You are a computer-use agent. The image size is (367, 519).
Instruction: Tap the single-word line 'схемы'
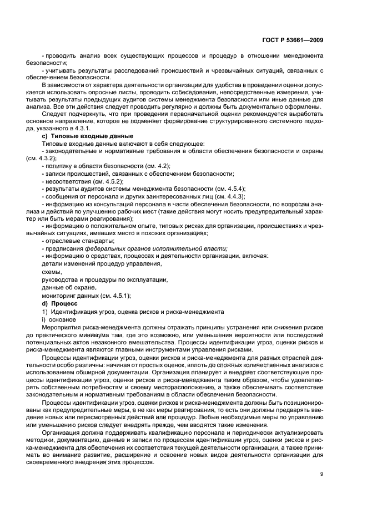(52, 272)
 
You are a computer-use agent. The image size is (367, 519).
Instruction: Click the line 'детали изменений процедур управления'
(90, 264)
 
